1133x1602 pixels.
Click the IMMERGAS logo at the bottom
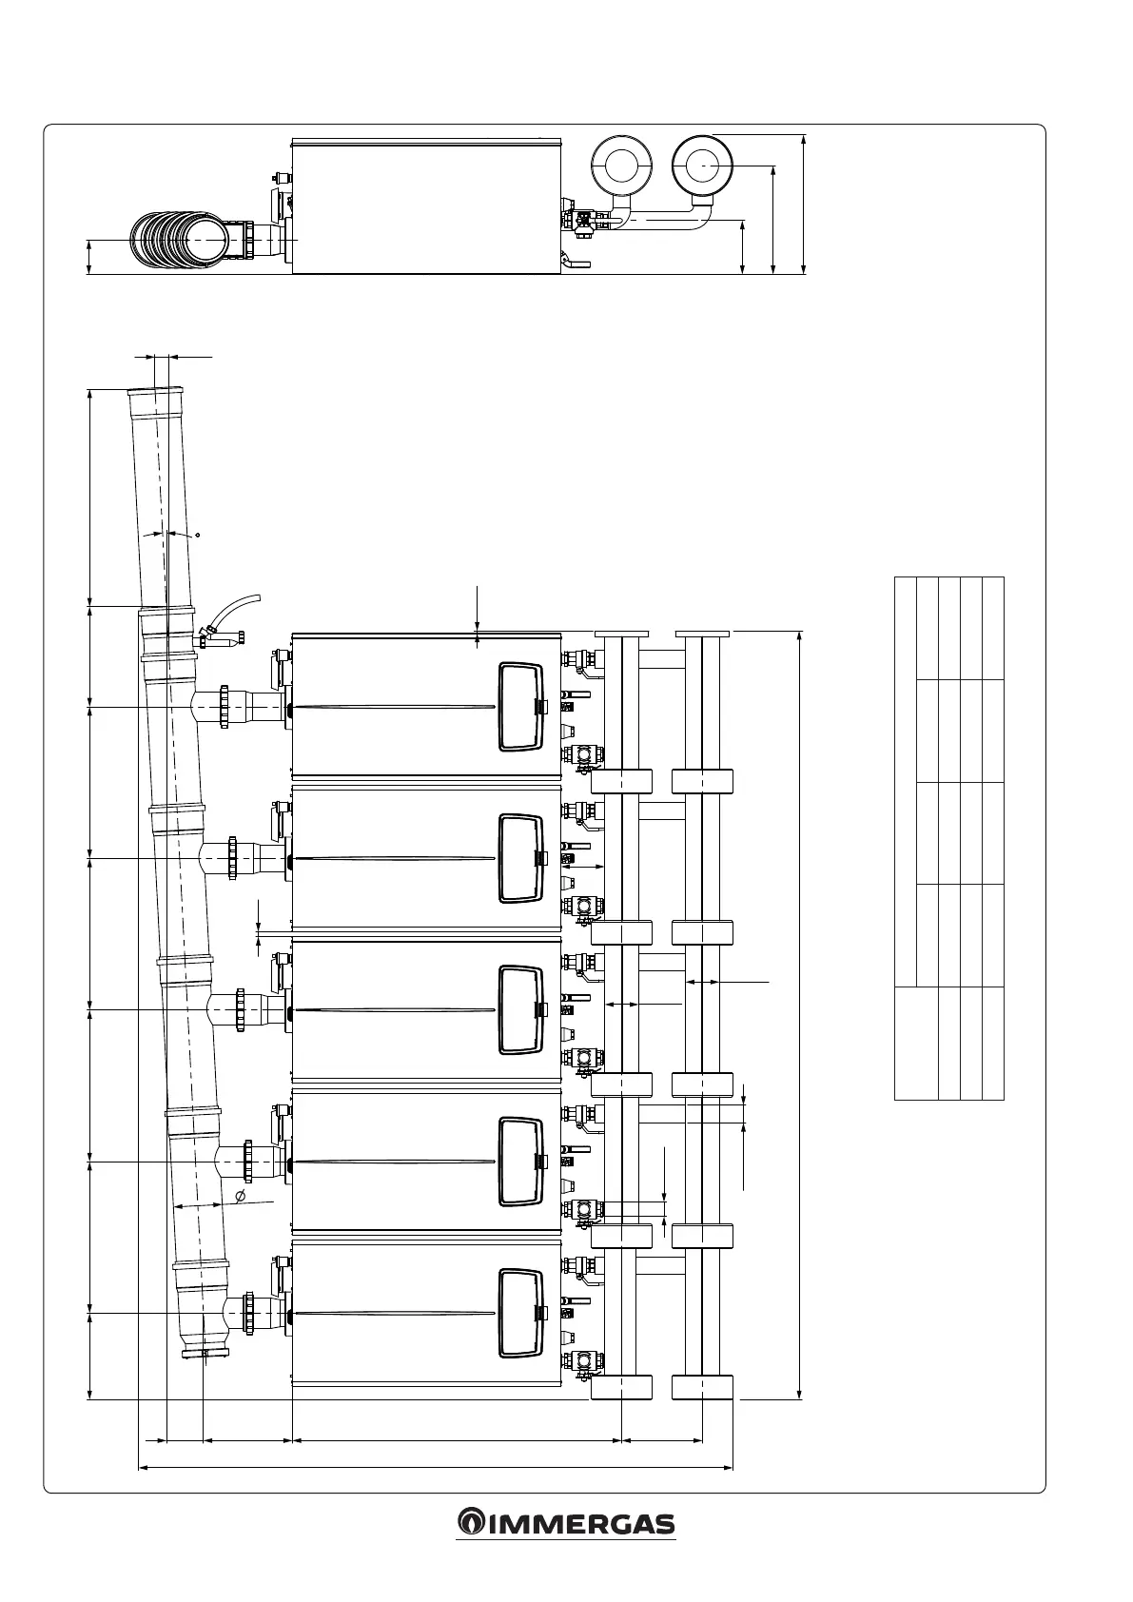click(566, 1523)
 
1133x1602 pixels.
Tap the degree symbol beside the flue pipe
click(197, 535)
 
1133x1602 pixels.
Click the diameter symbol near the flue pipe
click(240, 1195)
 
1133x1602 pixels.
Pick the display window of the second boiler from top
click(520, 858)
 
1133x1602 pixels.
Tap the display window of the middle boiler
click(520, 1009)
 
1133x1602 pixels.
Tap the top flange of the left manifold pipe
click(621, 634)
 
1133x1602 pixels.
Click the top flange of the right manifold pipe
click(702, 634)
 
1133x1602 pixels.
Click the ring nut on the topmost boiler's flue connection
click(225, 707)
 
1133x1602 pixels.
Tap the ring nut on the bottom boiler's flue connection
click(250, 1314)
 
